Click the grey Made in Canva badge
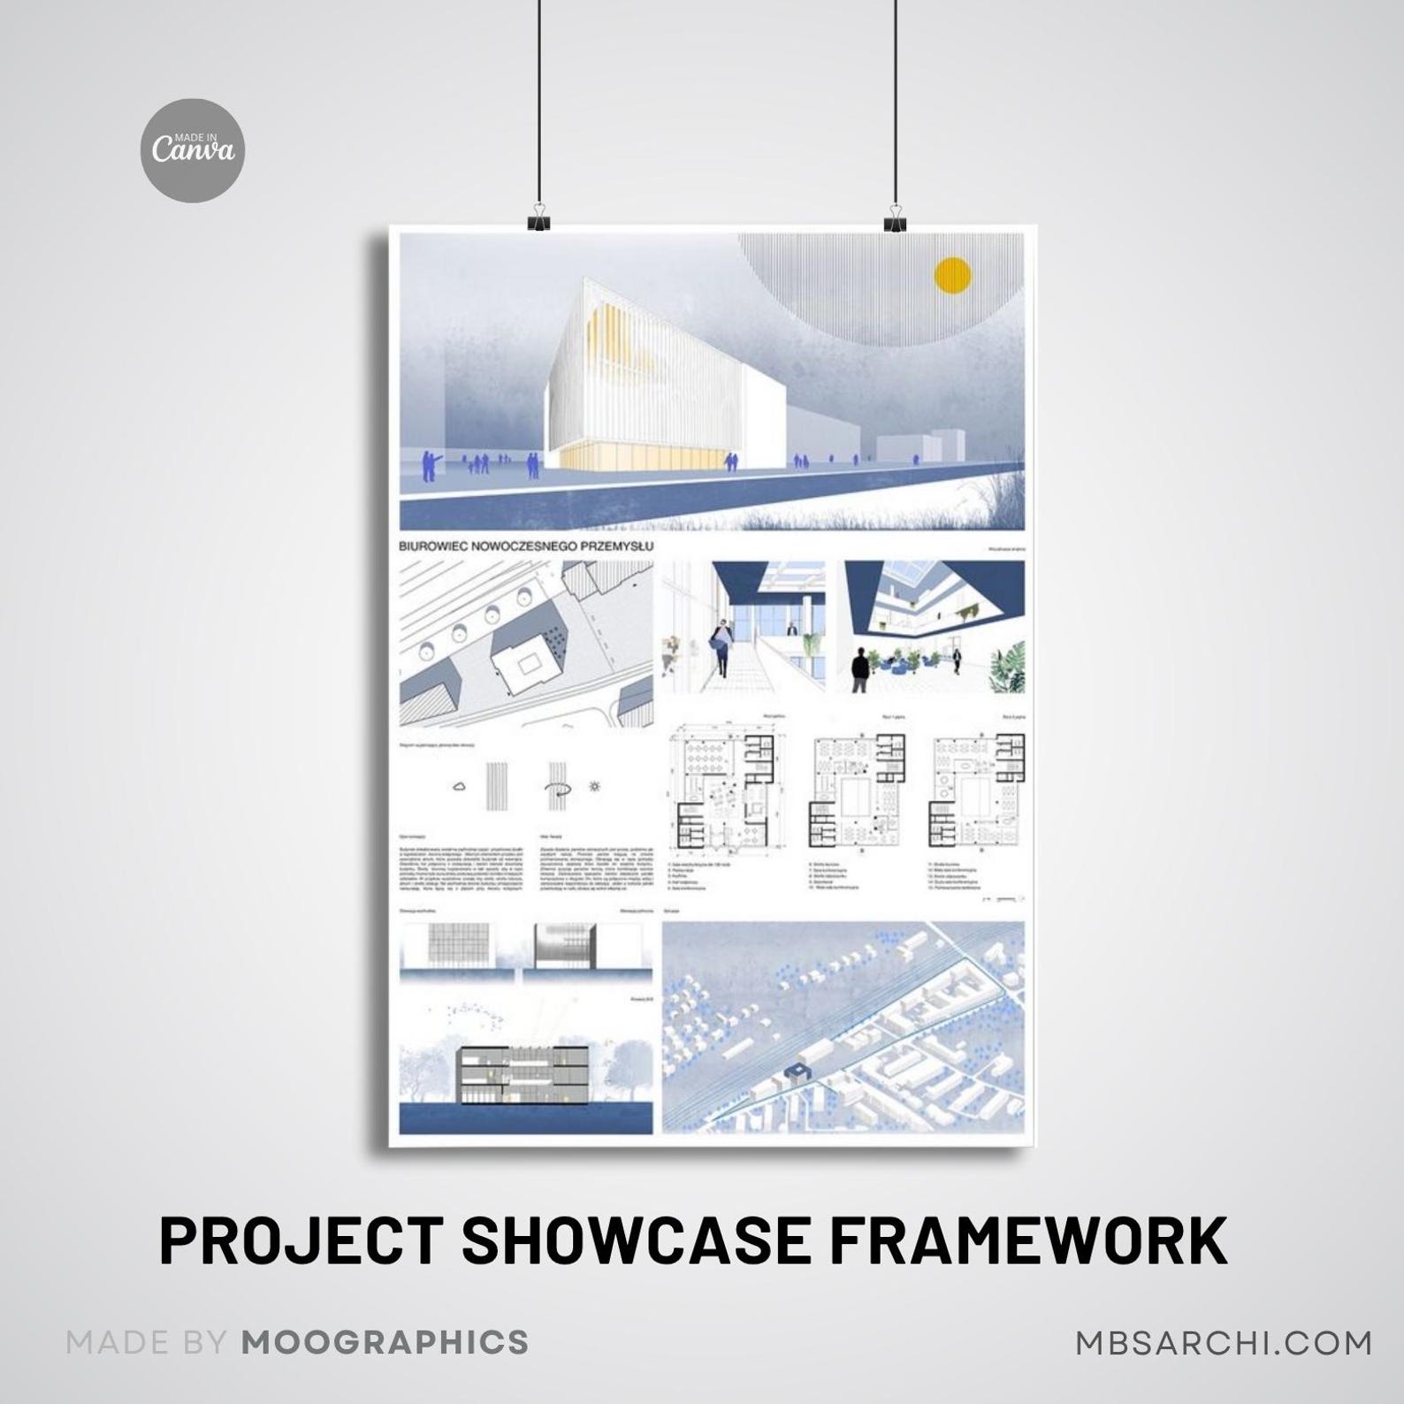194,151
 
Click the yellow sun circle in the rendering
953,275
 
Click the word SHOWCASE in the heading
635,1240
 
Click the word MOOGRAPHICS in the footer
385,1341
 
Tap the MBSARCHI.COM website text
1224,1341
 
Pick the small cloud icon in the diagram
460,785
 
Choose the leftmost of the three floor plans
721,787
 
